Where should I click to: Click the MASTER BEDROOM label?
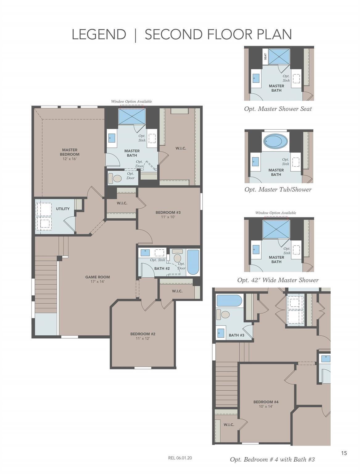click(70, 152)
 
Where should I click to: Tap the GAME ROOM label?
click(97, 277)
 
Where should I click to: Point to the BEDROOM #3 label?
click(168, 213)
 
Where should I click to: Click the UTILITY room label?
click(63, 209)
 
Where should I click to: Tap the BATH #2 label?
click(162, 268)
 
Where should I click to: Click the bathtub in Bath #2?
click(193, 262)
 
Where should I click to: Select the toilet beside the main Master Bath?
click(116, 178)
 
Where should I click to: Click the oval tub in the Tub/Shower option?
click(275, 142)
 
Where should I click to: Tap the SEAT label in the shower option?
click(265, 56)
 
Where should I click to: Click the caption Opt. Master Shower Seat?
click(278, 109)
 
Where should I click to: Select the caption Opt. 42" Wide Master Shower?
click(278, 280)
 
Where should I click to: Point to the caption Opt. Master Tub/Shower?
click(278, 189)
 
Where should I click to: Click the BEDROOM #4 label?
click(266, 402)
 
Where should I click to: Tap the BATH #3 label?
click(236, 335)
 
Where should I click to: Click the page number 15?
click(344, 453)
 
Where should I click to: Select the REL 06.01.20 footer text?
click(180, 458)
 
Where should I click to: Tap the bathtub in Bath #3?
click(229, 301)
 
